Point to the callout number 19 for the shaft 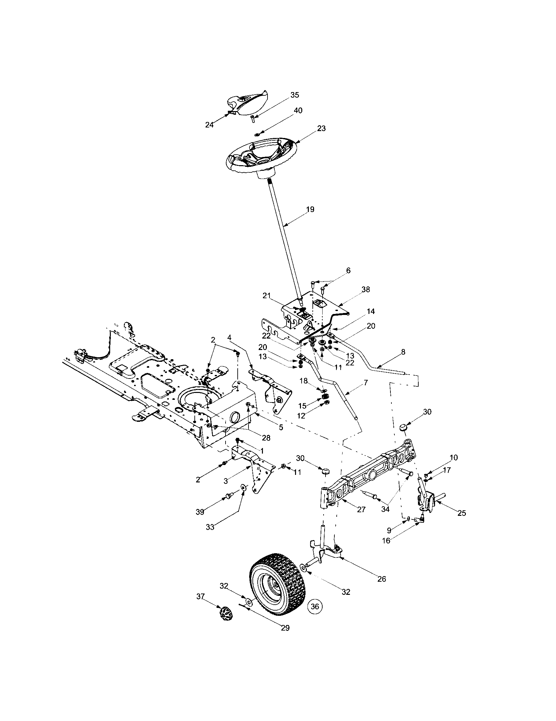tap(310, 209)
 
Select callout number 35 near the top tap(294, 95)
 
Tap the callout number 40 tap(298, 110)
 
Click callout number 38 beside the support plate tap(366, 289)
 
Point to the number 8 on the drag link tap(403, 352)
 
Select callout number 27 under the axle tap(361, 509)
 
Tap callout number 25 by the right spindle tap(462, 513)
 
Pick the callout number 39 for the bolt tap(200, 512)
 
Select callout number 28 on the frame tap(266, 438)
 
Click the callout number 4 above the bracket tap(229, 338)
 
